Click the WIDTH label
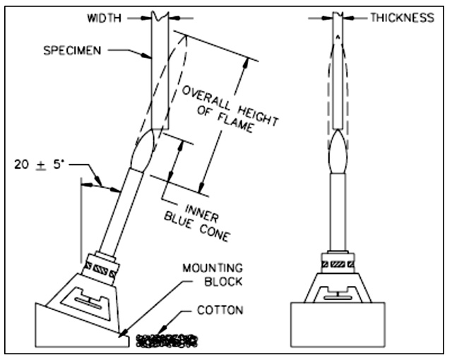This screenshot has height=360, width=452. tap(104, 18)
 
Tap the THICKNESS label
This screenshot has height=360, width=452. tap(402, 18)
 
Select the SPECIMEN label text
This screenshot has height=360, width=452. tap(72, 51)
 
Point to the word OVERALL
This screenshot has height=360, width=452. tap(207, 98)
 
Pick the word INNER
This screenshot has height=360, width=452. tap(202, 213)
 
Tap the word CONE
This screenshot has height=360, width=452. tap(215, 233)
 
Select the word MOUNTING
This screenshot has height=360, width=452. tap(213, 268)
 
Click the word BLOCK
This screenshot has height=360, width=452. tap(223, 282)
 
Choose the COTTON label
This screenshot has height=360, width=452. tap(220, 310)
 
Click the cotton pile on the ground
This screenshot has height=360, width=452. tap(167, 340)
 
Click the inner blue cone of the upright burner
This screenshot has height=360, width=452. tap(338, 152)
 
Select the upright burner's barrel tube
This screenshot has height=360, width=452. tap(338, 212)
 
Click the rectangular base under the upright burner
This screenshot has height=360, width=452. tap(338, 324)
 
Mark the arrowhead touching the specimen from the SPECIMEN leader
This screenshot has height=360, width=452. tap(148, 56)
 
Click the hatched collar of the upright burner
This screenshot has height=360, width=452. tap(338, 263)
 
